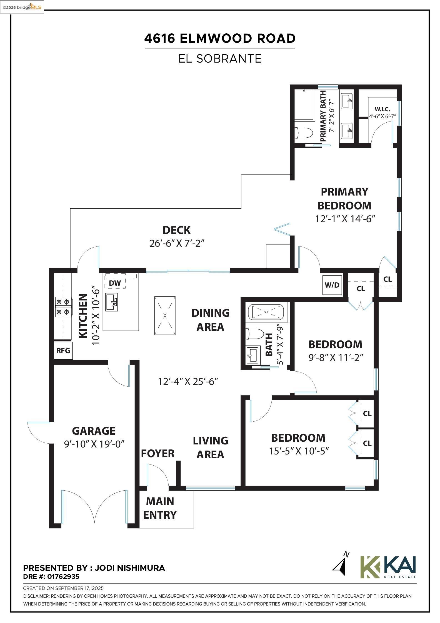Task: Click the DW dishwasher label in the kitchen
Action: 115,283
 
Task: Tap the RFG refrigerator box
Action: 63,351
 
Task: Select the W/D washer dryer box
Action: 332,285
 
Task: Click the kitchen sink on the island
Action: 112,302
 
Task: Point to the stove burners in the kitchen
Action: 63,307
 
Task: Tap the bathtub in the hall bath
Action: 266,312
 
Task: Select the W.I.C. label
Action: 382,109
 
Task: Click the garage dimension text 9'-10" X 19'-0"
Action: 94,444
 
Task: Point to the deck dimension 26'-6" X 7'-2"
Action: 177,243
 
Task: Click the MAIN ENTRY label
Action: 160,508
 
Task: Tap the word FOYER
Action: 157,454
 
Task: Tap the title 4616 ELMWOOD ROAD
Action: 220,38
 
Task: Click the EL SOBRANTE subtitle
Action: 220,59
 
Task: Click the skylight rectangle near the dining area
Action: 165,316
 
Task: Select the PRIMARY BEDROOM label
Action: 344,199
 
